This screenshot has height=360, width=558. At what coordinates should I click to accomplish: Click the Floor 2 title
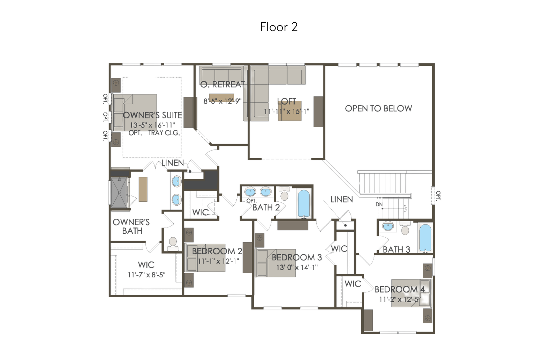coord(279,27)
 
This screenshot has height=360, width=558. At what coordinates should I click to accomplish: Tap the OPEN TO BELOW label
coord(378,108)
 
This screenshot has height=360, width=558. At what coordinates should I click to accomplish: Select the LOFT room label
coord(286,101)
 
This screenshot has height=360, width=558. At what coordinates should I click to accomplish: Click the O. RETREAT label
coord(223,85)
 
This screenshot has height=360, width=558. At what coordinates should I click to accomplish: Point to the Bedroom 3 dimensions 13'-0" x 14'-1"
coord(297,268)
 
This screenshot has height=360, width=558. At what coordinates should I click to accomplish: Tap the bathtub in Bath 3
coord(425,238)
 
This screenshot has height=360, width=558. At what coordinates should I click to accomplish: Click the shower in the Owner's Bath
coord(119,193)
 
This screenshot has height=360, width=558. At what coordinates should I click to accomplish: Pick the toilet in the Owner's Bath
coord(173,244)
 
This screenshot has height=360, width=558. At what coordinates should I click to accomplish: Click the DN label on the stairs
coord(379,205)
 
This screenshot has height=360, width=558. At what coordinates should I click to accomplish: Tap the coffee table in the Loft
coord(290,111)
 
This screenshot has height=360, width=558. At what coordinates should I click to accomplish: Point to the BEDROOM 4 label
coord(400,289)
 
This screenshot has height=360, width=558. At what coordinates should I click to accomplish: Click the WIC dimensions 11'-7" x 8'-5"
coord(146,275)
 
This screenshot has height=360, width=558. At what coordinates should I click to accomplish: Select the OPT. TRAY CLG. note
coord(154,133)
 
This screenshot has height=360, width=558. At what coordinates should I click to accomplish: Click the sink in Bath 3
coord(387,226)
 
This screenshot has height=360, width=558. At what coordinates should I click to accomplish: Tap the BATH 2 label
coord(266,207)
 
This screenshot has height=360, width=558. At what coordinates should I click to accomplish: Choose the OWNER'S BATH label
coord(131,226)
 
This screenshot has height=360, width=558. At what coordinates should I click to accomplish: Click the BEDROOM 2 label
coord(217,251)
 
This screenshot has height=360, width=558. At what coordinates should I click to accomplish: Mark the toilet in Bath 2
coord(284,194)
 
